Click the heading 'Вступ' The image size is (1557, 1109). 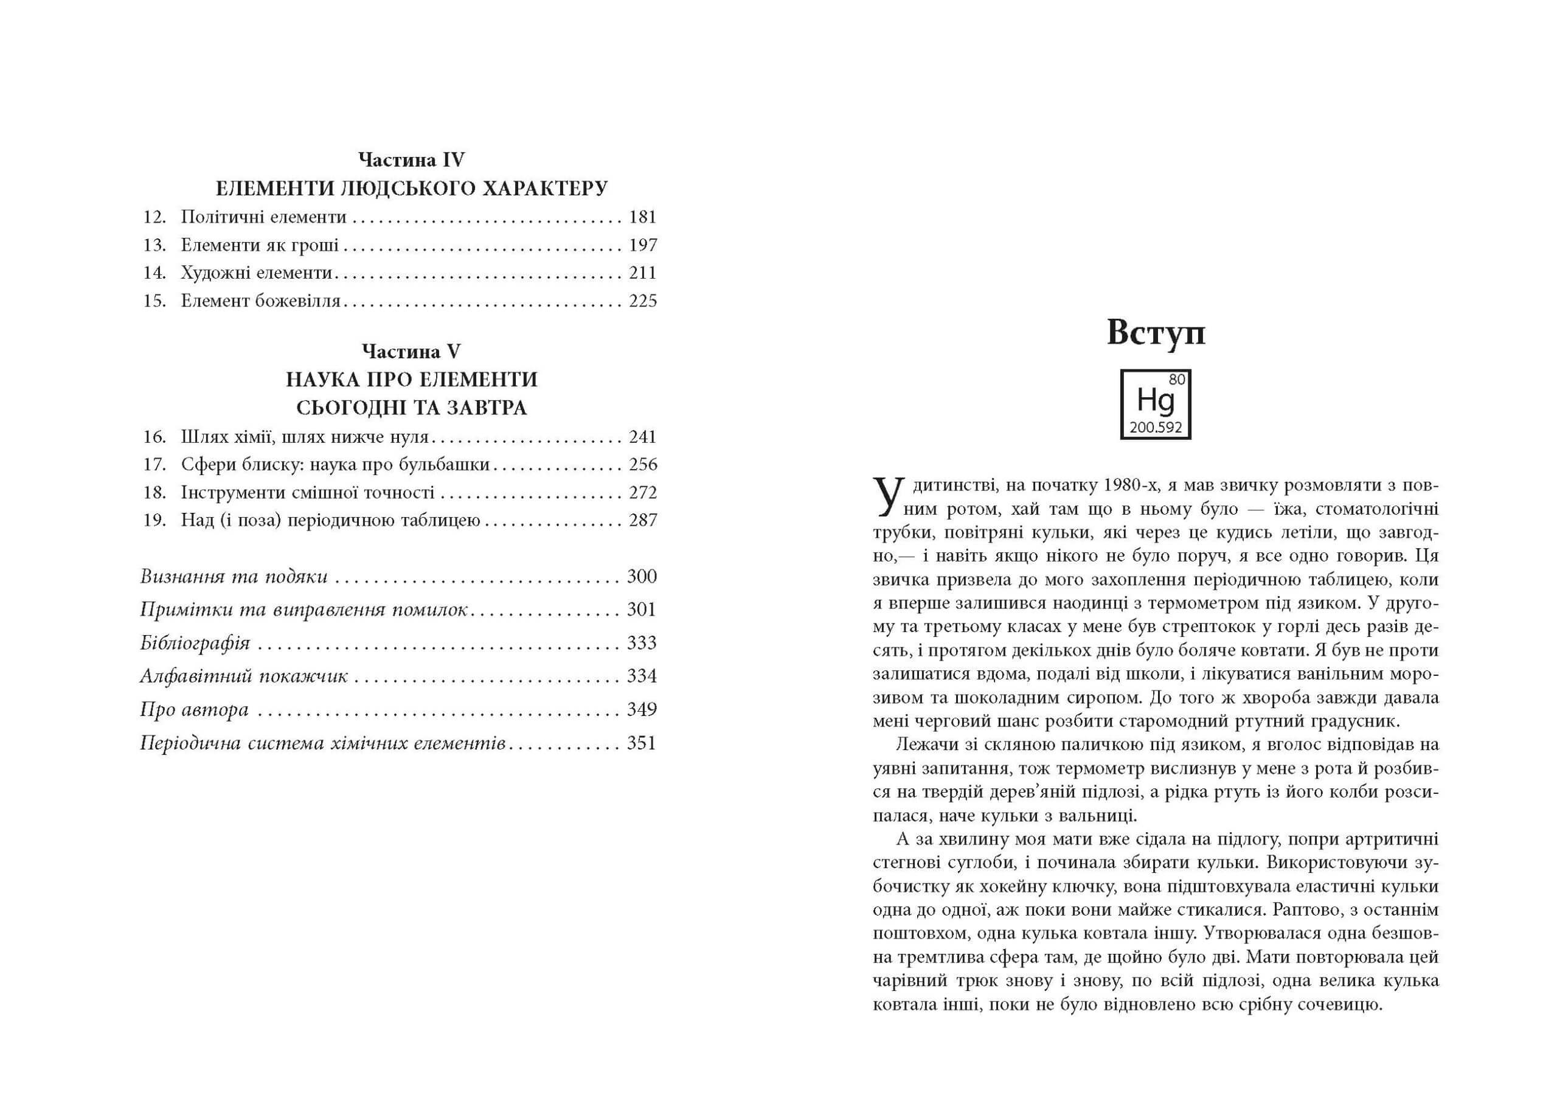(x=1155, y=333)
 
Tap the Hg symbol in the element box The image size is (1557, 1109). (x=1155, y=402)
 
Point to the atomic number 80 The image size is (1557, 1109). (x=1177, y=380)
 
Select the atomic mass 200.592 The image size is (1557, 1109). (x=1156, y=428)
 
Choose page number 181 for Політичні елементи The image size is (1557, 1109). (x=642, y=217)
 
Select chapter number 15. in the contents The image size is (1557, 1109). (x=155, y=301)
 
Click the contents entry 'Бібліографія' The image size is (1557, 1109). (x=195, y=642)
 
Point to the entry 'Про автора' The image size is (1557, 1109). (x=195, y=709)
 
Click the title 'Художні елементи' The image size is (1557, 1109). (x=256, y=273)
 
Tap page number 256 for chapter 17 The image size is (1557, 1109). (x=642, y=464)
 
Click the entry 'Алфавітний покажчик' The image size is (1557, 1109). (x=244, y=676)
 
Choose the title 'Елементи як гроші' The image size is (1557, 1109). (x=259, y=245)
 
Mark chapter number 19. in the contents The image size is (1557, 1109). (x=155, y=520)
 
